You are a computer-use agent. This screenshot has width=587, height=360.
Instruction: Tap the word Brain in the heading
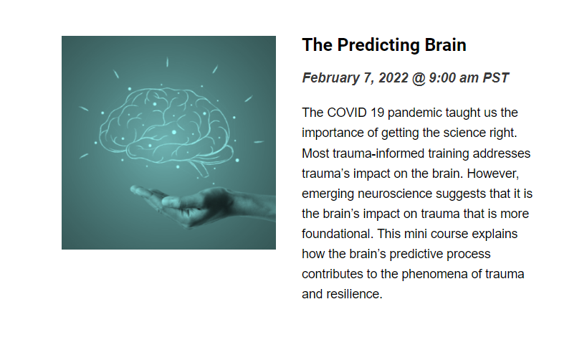point(446,45)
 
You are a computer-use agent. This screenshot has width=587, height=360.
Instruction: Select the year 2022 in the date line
point(393,78)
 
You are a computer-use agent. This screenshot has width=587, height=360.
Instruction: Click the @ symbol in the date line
point(419,78)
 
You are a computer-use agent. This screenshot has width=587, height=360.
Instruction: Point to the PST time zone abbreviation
point(496,78)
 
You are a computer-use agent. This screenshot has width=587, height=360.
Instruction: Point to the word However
point(493,174)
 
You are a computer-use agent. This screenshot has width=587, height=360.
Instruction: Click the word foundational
point(338,234)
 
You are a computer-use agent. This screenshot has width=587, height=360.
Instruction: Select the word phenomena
point(434,274)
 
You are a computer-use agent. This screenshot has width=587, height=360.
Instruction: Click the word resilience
point(354,294)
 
